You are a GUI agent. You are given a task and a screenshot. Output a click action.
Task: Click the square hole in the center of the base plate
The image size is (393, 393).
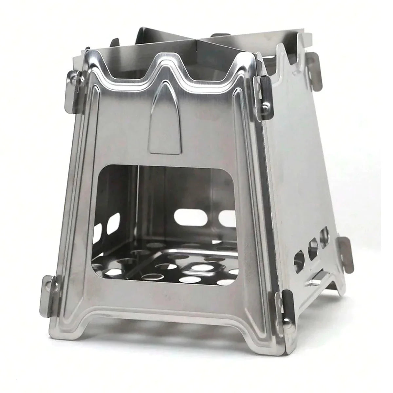click(201, 269)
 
